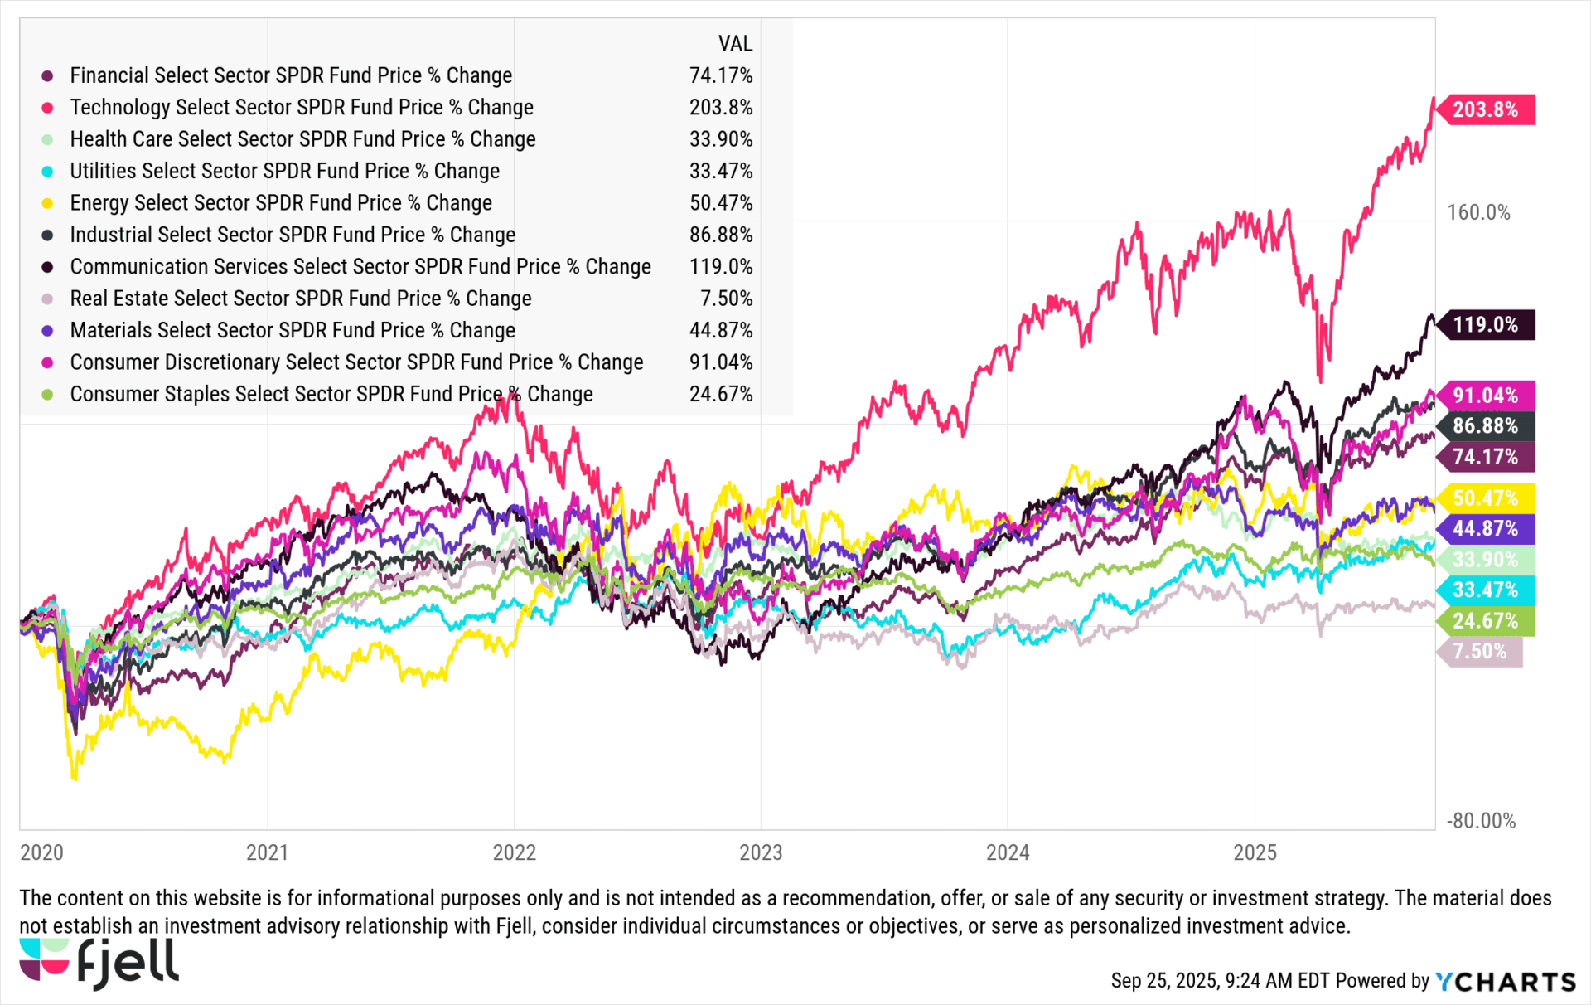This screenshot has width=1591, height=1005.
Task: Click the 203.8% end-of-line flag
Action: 1485,109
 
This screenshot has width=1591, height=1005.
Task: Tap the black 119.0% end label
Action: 1485,324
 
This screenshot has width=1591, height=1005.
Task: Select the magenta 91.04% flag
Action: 1485,396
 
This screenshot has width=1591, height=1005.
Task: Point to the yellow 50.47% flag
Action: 1485,498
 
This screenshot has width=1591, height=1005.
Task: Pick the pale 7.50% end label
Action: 1480,652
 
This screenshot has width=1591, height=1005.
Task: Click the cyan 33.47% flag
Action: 1485,590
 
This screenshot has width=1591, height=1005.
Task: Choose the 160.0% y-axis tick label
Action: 1478,213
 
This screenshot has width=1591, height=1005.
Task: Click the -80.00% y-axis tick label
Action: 1481,821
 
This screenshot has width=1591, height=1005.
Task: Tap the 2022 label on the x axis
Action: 514,852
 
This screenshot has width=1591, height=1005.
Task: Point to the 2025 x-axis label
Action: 1255,852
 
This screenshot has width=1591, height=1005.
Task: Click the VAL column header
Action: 735,44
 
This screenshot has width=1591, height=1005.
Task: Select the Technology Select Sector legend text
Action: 302,108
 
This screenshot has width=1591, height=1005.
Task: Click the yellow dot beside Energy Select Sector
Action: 48,203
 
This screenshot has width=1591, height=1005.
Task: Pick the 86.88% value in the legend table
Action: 721,235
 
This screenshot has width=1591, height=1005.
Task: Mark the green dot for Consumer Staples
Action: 48,395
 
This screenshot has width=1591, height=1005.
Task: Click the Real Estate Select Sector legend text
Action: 301,299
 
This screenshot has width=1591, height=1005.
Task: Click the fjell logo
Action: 99,964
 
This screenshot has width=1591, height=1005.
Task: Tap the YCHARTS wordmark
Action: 1505,982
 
